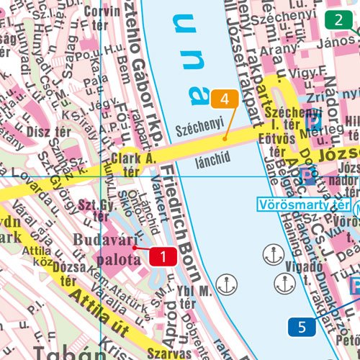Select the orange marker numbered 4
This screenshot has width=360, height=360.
click(225, 99)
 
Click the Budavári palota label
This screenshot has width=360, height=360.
click(106, 249)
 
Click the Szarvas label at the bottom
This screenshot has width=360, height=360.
click(171, 353)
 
